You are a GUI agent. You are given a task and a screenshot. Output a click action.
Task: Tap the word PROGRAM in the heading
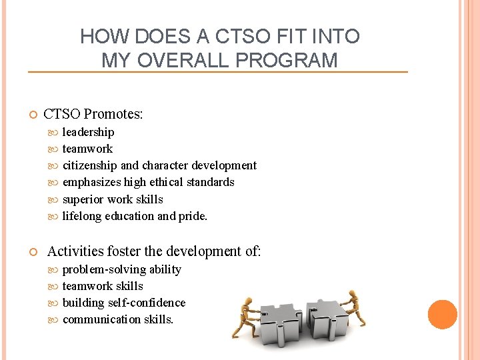pyautogui.click(x=293, y=61)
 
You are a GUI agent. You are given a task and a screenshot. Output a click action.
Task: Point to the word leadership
pyautogui.click(x=88, y=132)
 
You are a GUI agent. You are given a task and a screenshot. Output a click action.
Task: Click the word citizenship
pyautogui.click(x=89, y=165)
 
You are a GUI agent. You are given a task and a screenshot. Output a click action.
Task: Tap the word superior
pyautogui.click(x=83, y=199)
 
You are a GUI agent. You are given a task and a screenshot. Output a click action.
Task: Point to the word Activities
pyautogui.click(x=75, y=251)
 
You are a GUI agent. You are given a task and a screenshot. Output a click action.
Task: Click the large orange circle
pyautogui.click(x=443, y=315)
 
